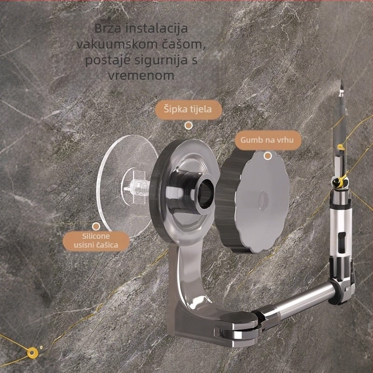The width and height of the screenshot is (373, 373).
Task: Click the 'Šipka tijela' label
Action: [x=188, y=110]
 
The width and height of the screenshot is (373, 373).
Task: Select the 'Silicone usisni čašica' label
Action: [x=96, y=241]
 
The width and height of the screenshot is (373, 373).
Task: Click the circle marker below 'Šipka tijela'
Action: [x=189, y=125]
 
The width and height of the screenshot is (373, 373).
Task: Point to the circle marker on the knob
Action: [x=268, y=156]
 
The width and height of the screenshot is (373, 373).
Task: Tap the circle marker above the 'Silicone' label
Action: [x=96, y=227]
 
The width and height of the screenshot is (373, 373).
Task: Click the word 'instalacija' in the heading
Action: [x=157, y=28]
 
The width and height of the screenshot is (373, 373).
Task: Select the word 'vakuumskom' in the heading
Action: [x=115, y=44]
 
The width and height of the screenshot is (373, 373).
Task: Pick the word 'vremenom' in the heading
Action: [x=141, y=76]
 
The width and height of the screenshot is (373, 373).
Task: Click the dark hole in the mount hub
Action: [x=205, y=193]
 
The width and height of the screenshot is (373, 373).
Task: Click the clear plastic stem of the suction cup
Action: [x=137, y=187]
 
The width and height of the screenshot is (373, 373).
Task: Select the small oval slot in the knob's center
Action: [x=263, y=201]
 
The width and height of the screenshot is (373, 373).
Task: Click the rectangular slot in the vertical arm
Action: [x=342, y=242]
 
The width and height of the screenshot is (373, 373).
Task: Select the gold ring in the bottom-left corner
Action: [x=33, y=353]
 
